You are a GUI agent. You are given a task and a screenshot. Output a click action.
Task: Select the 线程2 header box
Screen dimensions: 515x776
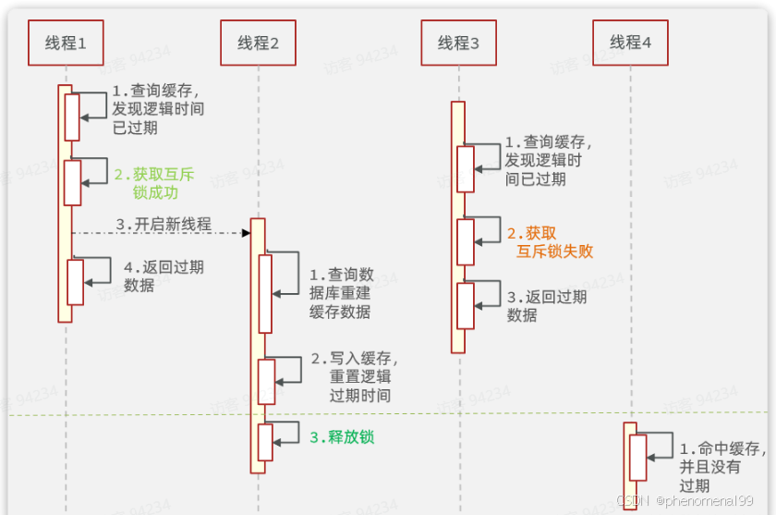258,43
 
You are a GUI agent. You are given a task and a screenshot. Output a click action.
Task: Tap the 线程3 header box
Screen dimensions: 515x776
458,43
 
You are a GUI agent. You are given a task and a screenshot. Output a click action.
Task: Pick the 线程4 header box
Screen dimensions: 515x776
630,43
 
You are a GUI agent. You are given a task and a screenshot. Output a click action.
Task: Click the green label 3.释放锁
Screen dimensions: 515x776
341,436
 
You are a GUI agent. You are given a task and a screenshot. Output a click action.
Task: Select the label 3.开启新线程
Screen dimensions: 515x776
164,225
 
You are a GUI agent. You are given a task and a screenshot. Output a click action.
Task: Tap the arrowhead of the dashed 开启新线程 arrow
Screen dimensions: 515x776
247,232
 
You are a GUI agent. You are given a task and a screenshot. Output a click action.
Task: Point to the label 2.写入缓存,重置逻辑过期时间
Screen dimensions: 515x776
353,376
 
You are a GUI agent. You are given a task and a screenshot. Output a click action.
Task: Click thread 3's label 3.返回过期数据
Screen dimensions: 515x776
546,306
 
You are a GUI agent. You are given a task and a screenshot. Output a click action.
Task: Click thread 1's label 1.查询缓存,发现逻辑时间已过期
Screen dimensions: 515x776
158,109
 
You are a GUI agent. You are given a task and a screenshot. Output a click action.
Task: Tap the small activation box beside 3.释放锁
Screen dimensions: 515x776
266,442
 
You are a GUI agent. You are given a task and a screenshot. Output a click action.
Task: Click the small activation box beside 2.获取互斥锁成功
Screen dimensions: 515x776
72,183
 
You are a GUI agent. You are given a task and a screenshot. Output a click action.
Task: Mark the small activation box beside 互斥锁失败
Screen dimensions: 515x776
466,242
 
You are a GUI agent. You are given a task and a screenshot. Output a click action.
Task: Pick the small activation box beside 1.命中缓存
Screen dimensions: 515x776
637,458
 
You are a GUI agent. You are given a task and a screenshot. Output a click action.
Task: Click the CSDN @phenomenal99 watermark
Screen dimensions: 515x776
685,500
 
